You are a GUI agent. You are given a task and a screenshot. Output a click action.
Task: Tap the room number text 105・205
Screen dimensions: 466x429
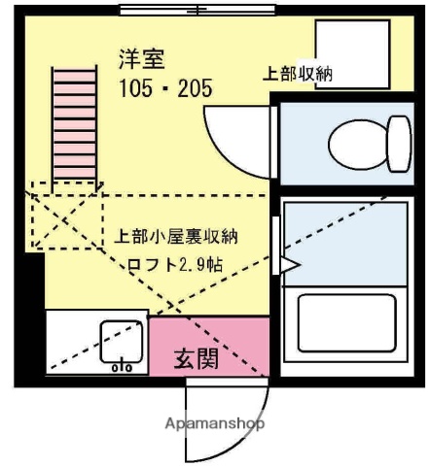click(x=164, y=90)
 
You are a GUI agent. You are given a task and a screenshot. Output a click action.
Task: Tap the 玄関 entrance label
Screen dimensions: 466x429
click(x=197, y=358)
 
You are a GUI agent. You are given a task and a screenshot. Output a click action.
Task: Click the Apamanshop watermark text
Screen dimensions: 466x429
click(x=215, y=423)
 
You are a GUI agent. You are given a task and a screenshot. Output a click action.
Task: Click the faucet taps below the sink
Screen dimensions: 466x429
click(x=122, y=367)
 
